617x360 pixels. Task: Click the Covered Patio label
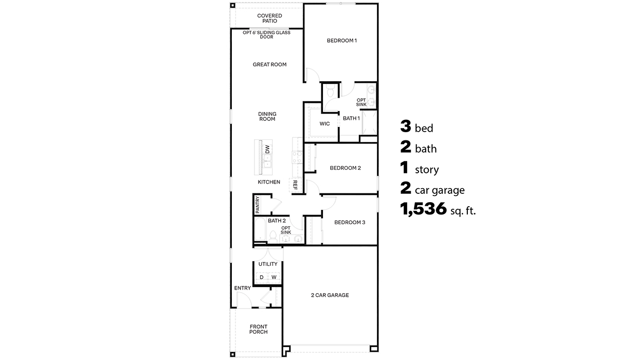click(269, 19)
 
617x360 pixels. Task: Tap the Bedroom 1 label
click(341, 40)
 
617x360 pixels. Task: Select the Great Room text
click(269, 65)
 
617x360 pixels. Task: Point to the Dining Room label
click(267, 116)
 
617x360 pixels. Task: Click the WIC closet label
click(324, 124)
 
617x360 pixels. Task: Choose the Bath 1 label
click(351, 118)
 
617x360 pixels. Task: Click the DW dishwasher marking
click(267, 149)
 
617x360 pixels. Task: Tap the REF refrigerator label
click(295, 185)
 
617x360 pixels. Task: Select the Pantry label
click(257, 205)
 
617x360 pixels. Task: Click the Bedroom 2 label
click(345, 168)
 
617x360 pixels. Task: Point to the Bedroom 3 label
click(350, 222)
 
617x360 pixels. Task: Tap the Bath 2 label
click(277, 221)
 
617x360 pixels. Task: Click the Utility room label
click(268, 264)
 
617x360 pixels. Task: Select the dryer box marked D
click(261, 277)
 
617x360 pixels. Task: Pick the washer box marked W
click(274, 277)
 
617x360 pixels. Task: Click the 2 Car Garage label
click(330, 295)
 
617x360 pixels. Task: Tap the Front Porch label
click(259, 329)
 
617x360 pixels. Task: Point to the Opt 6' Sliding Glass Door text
click(266, 34)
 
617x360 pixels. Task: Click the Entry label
click(242, 288)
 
